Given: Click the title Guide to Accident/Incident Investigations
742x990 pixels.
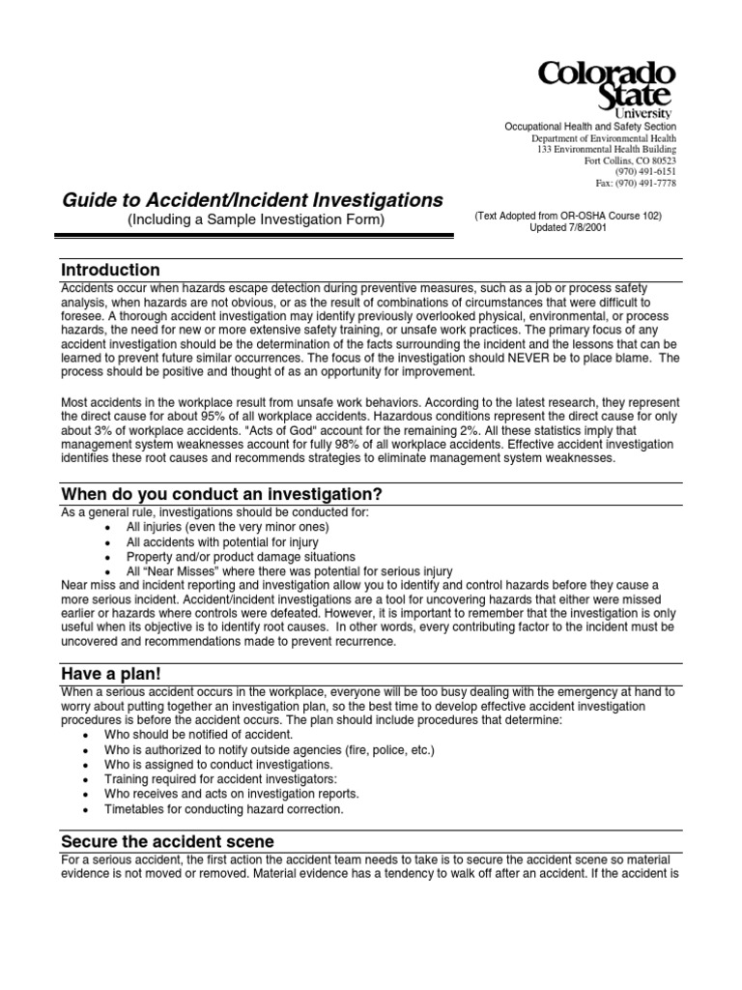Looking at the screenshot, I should click(252, 201).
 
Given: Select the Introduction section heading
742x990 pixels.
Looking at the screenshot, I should click(110, 270).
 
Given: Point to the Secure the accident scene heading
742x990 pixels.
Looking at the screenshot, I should click(167, 841).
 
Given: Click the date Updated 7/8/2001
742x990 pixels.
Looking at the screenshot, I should click(568, 228).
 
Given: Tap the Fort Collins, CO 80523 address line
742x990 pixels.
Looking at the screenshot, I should click(631, 160).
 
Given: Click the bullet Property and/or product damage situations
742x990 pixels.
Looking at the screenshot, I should click(241, 557).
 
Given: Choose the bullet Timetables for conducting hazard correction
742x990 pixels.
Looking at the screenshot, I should click(235, 808).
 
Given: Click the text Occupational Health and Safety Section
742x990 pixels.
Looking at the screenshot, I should click(591, 128).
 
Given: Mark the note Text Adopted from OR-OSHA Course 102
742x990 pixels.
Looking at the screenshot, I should click(568, 216).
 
